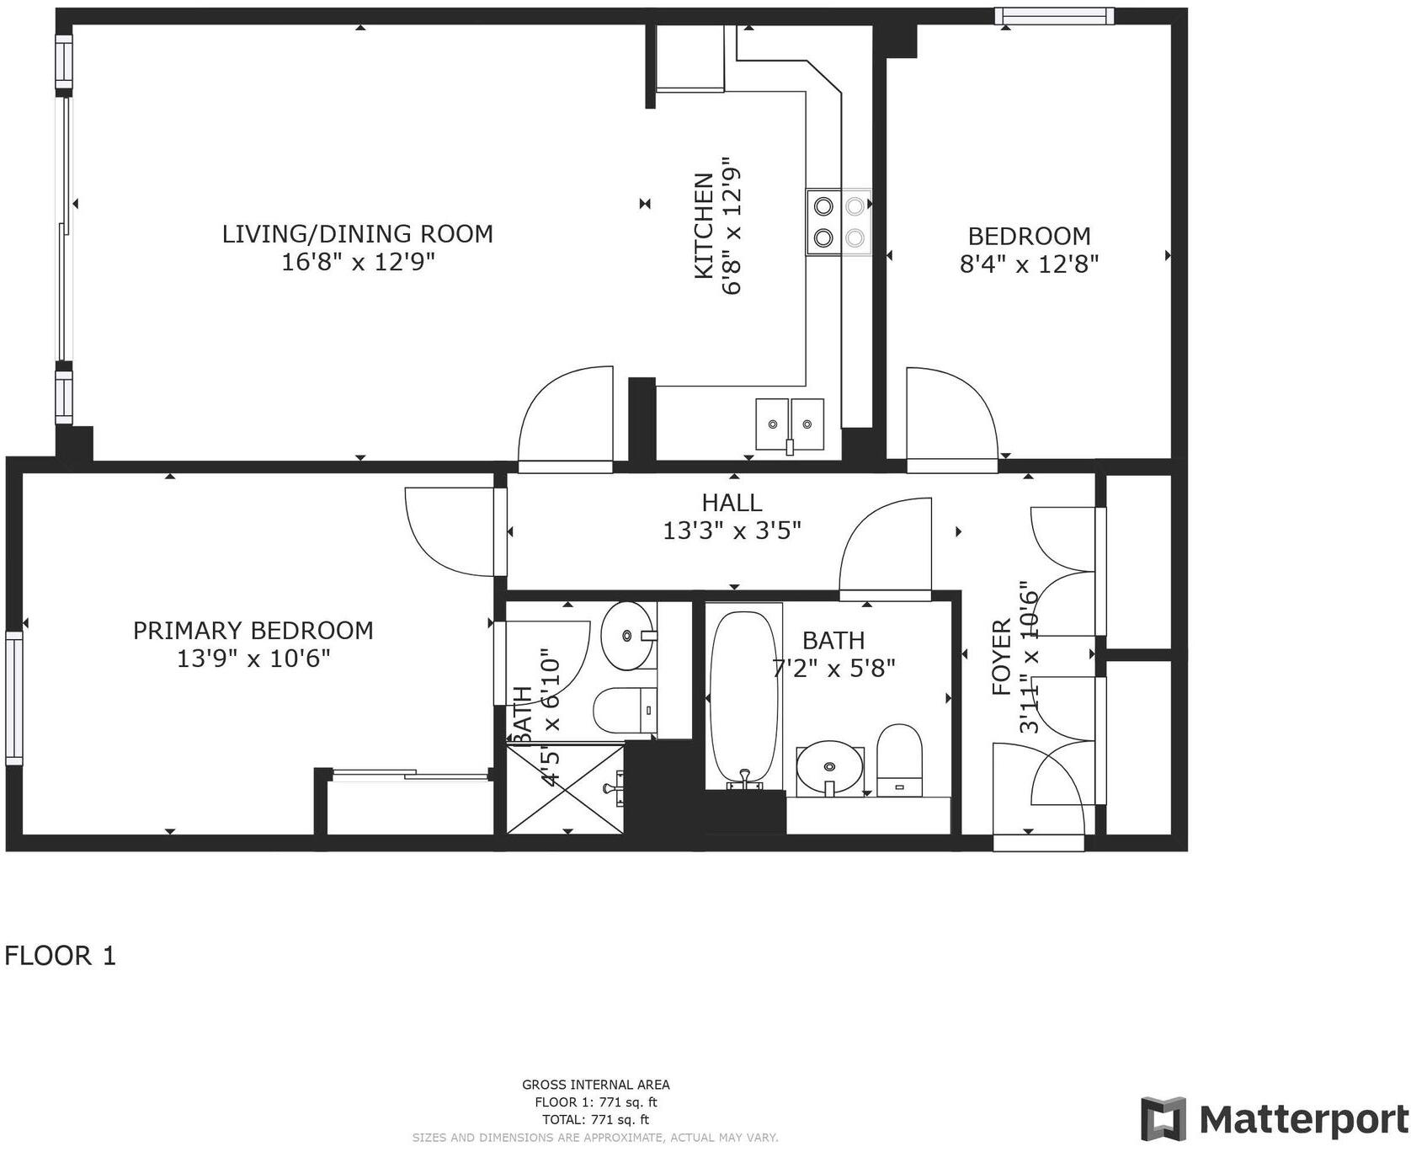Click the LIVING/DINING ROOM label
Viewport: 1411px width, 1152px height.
[357, 233]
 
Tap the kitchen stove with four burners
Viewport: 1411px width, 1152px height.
[839, 221]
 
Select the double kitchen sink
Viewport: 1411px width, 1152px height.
[790, 424]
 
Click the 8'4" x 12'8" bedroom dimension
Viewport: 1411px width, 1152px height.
[1029, 264]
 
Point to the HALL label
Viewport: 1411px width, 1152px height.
[732, 503]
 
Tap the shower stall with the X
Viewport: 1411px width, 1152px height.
[565, 787]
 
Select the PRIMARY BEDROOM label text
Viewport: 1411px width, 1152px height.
[253, 630]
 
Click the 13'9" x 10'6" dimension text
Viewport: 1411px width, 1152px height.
[253, 658]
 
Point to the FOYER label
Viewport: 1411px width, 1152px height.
[1001, 657]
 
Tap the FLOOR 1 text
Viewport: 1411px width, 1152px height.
[60, 956]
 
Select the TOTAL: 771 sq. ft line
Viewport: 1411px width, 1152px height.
[595, 1119]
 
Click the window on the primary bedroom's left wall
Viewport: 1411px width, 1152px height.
[13, 698]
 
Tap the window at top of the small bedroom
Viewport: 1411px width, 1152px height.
[1053, 15]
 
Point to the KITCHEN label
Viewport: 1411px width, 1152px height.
[704, 225]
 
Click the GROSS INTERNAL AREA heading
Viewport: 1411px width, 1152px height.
[595, 1085]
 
